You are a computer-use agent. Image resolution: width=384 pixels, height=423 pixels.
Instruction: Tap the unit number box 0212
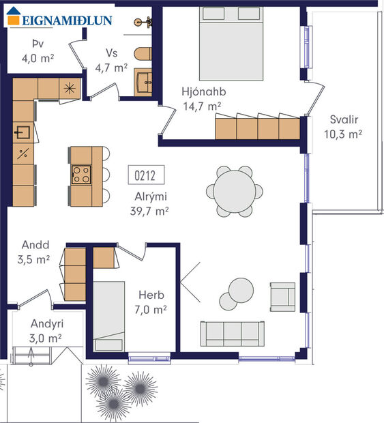pyautogui.click(x=145, y=175)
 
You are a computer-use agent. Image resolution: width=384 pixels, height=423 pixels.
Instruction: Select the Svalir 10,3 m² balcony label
pyautogui.click(x=342, y=126)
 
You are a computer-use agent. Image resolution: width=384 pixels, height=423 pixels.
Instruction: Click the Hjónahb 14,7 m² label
pyautogui.click(x=203, y=99)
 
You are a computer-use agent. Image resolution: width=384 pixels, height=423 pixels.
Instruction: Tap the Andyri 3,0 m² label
pyautogui.click(x=46, y=331)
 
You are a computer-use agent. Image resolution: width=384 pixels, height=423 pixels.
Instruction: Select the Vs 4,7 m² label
pyautogui.click(x=112, y=60)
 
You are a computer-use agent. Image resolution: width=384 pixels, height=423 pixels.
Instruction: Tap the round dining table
pyautogui.click(x=234, y=192)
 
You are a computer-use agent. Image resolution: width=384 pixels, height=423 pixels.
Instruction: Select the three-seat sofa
pyautogui.click(x=231, y=334)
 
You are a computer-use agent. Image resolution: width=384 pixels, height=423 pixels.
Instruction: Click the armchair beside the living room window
pyautogui.click(x=282, y=296)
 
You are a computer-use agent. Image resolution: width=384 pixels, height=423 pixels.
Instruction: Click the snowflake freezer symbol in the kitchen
pyautogui.click(x=69, y=87)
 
